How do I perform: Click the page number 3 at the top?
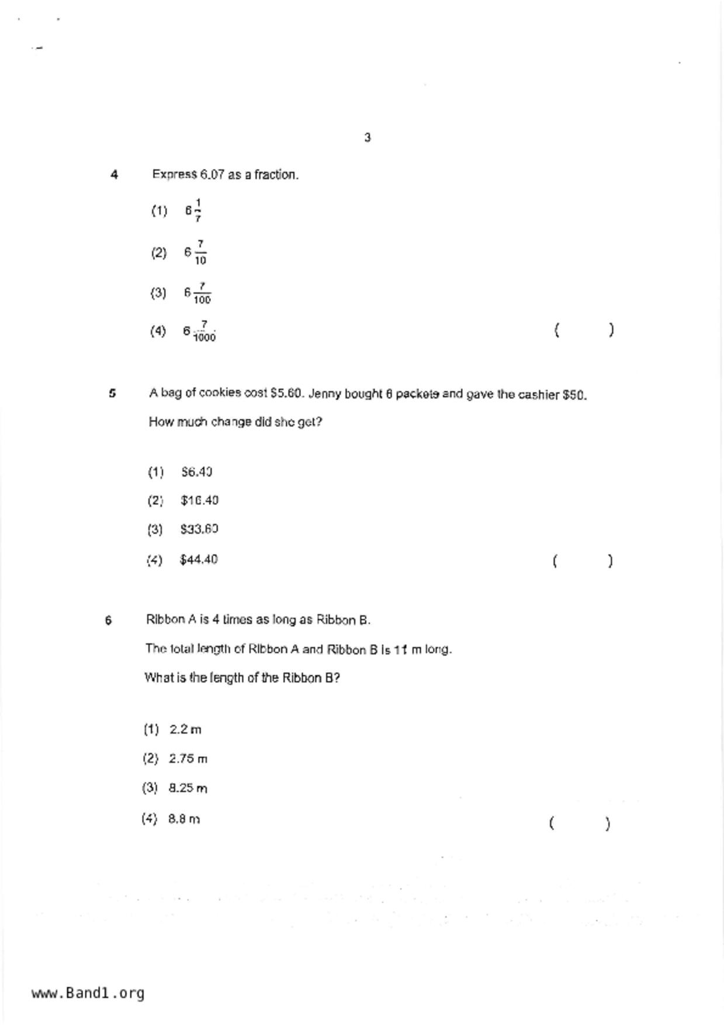click(x=368, y=137)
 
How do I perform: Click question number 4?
click(x=115, y=174)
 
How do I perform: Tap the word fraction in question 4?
click(x=276, y=174)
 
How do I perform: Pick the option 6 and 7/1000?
click(x=199, y=332)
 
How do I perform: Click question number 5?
click(x=112, y=393)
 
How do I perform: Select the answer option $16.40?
click(x=199, y=501)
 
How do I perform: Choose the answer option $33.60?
click(x=199, y=529)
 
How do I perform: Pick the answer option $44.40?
click(x=199, y=560)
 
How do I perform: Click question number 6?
click(x=109, y=620)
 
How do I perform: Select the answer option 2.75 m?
click(x=188, y=759)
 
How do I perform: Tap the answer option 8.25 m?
click(x=188, y=788)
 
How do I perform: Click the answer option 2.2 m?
click(x=185, y=729)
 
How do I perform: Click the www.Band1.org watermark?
click(x=88, y=993)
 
